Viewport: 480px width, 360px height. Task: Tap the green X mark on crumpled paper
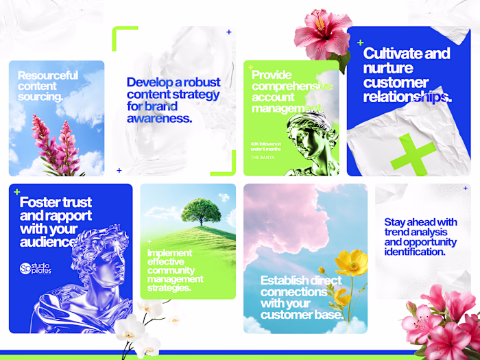coord(413,155)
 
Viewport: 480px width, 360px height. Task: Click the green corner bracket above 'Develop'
coord(123,33)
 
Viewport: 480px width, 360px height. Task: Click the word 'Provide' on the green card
coord(272,75)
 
